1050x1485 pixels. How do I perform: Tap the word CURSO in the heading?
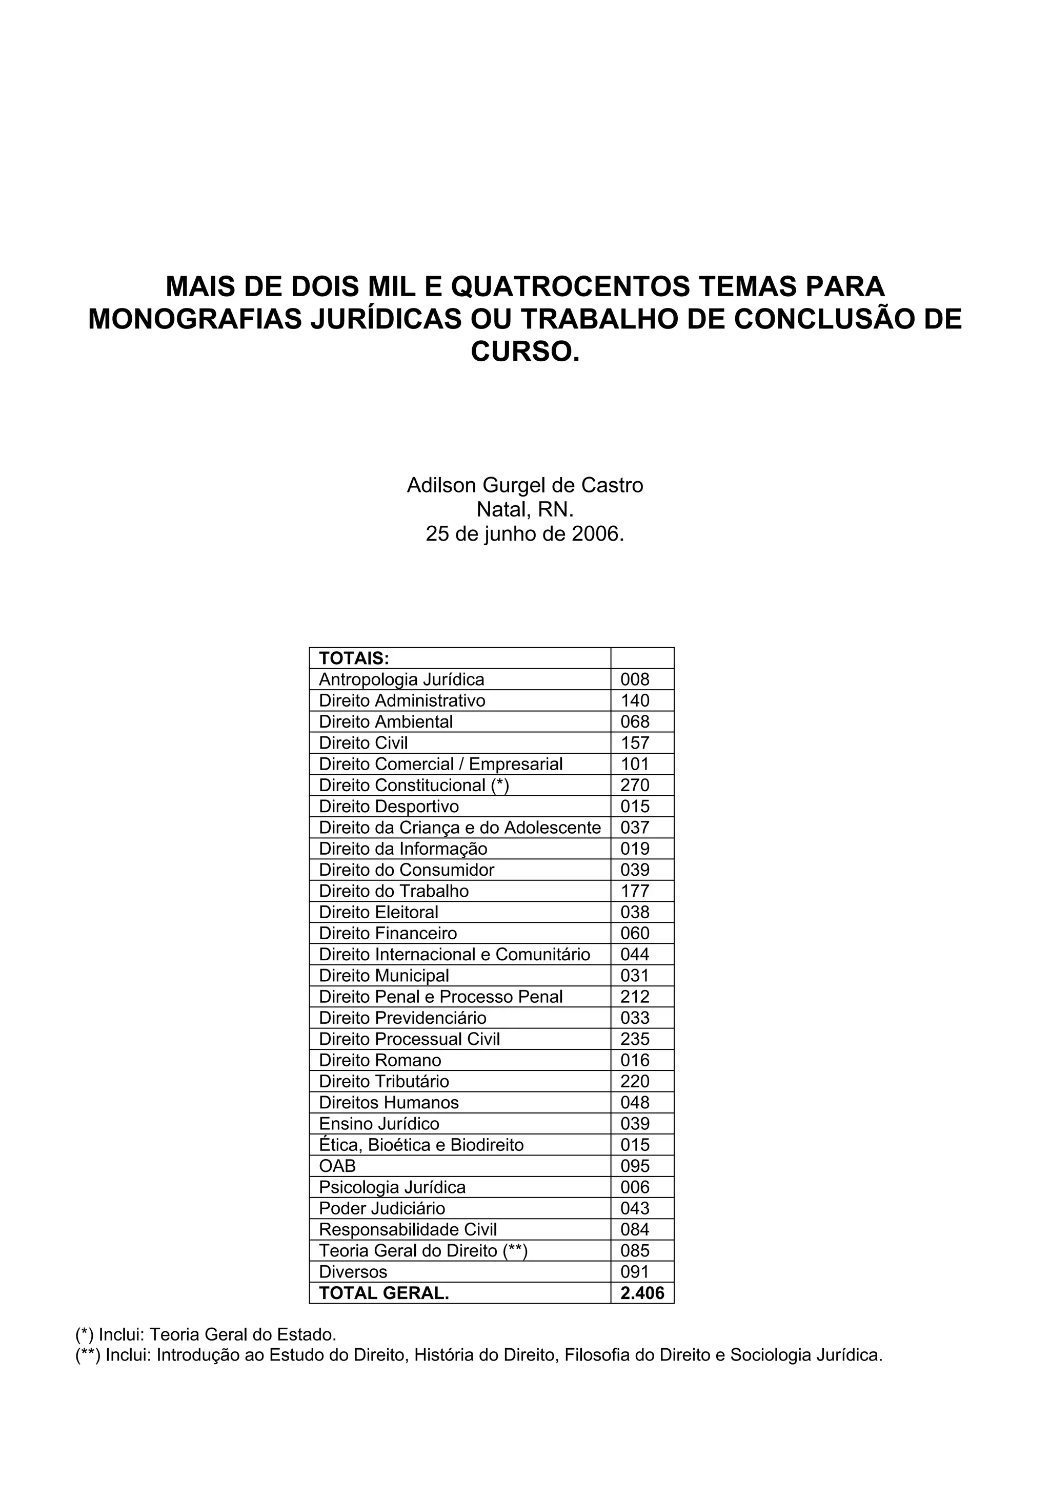(521, 352)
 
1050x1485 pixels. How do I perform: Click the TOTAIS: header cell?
(354, 658)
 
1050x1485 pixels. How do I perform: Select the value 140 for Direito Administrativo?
(635, 700)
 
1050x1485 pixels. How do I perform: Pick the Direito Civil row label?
(363, 743)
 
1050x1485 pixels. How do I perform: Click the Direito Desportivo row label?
(388, 807)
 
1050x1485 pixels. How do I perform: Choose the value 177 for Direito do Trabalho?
(635, 891)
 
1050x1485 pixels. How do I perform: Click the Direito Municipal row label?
(383, 976)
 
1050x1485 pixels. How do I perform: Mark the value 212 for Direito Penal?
(635, 997)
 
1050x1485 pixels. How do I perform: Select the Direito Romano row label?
(380, 1061)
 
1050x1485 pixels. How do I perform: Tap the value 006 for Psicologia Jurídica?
(635, 1187)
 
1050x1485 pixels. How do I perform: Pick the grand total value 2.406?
(642, 1293)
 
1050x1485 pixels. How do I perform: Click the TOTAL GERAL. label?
(383, 1293)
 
